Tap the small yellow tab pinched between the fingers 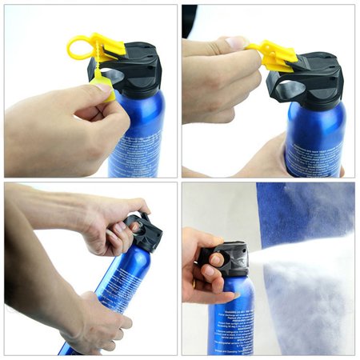[x=102, y=79]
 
